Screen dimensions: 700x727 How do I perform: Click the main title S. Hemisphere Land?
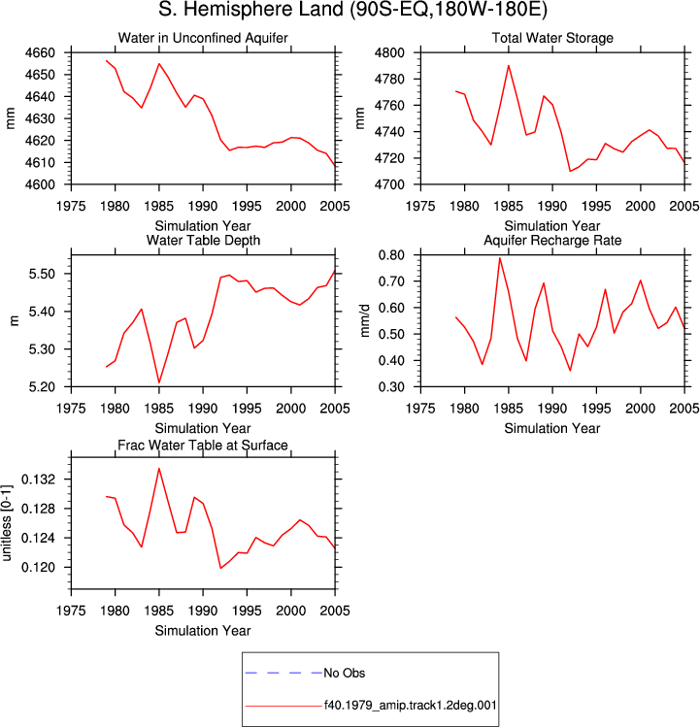pos(250,10)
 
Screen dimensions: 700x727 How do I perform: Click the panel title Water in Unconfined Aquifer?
pos(203,38)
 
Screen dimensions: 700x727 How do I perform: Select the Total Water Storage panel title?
pos(552,38)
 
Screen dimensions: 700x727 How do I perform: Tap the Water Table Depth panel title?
pos(203,240)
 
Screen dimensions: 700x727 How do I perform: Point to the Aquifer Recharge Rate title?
pos(552,240)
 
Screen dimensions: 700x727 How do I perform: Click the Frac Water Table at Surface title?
pos(203,446)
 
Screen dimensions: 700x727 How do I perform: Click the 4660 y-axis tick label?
pos(40,52)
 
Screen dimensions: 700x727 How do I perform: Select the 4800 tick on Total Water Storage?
pos(389,52)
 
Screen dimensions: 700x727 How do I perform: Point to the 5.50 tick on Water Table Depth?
pos(42,274)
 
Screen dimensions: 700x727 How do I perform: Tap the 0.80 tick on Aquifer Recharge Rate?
pos(391,255)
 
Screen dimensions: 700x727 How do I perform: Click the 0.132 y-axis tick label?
pos(39,479)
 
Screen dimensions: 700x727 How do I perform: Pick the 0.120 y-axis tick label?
pos(39,568)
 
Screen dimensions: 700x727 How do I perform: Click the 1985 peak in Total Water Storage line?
pos(509,65)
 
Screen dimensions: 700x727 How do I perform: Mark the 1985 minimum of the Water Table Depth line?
pos(159,382)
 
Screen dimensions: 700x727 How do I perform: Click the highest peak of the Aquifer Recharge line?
pos(500,258)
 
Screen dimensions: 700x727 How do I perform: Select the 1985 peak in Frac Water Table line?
pos(159,468)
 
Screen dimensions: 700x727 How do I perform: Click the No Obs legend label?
pos(345,673)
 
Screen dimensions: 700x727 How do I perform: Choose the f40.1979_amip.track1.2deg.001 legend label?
pos(410,706)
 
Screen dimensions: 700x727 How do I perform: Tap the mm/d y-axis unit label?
pos(365,321)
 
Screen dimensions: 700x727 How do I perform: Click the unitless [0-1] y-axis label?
pos(6,523)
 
